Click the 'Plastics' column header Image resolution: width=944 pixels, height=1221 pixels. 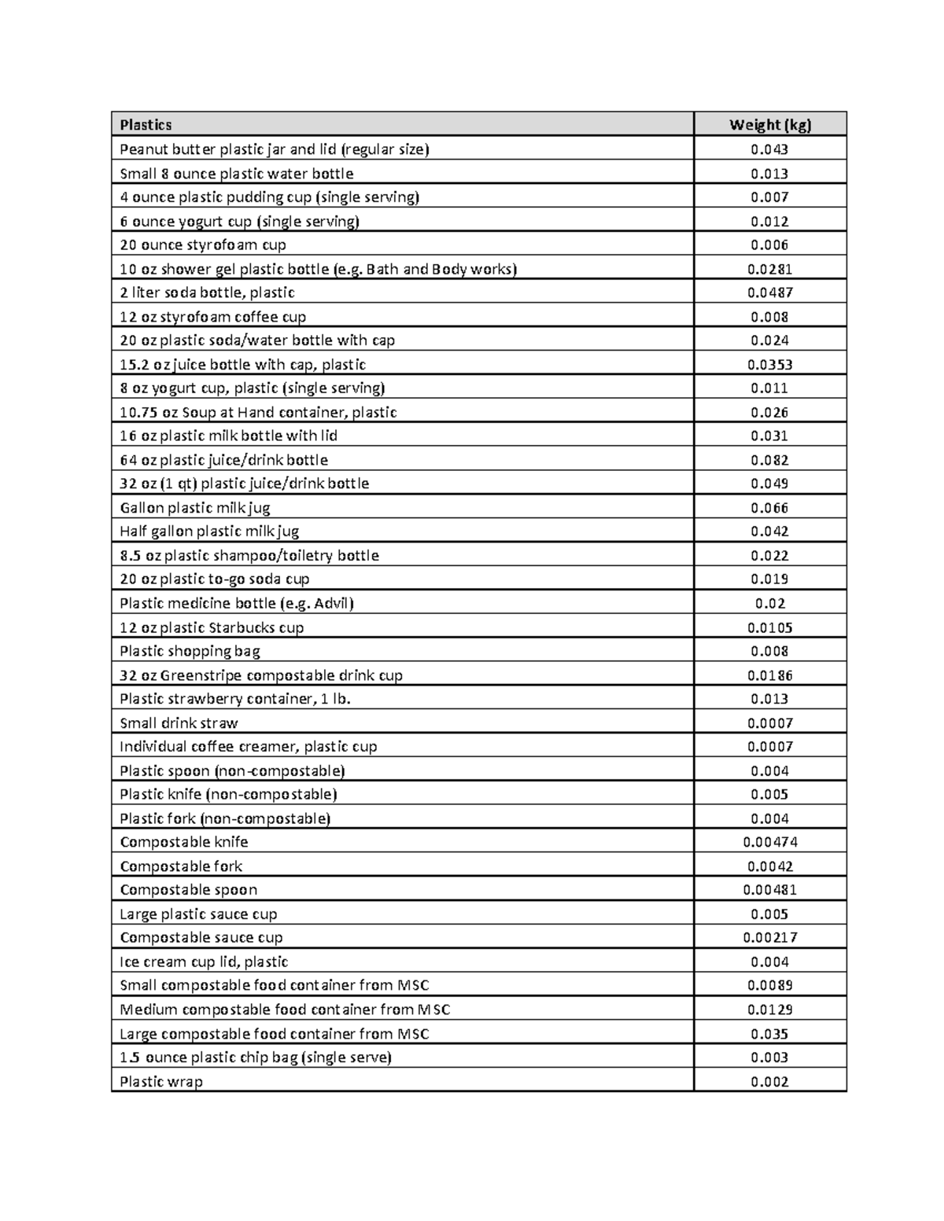pos(146,124)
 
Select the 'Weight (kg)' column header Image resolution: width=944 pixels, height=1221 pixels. pos(769,124)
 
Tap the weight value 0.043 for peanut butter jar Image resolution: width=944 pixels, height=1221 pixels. pos(769,149)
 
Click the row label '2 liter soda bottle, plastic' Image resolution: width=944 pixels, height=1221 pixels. pos(207,292)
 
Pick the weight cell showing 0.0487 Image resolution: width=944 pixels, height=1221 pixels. pos(769,292)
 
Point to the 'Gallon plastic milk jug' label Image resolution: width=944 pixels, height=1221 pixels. pos(195,508)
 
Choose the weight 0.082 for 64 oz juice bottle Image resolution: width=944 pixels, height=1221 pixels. pos(769,460)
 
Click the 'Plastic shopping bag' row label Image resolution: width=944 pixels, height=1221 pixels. pos(190,651)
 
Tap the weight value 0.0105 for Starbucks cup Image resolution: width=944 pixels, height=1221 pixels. pos(769,627)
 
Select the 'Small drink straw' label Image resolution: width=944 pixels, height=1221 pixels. pos(179,723)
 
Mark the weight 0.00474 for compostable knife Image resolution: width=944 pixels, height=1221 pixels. pos(769,842)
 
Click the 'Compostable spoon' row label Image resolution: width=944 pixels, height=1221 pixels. pos(189,890)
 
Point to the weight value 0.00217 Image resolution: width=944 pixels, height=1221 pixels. pos(769,937)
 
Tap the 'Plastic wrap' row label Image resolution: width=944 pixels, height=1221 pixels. pos(161,1081)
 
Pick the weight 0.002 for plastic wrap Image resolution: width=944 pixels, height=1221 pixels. pos(769,1081)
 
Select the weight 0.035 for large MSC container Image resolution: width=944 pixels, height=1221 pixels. pos(769,1034)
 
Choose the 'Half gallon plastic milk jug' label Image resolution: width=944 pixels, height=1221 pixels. pos(209,531)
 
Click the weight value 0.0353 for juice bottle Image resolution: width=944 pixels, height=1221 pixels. pos(769,364)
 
